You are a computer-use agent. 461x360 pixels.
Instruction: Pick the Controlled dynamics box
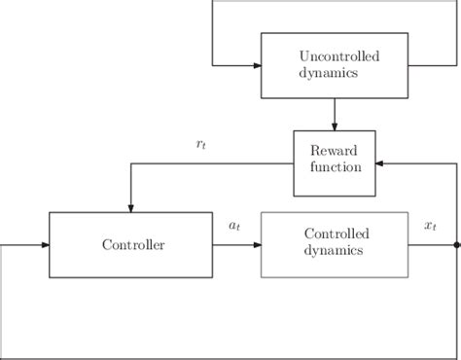(x=335, y=243)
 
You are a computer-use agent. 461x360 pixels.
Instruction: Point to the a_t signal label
(x=234, y=226)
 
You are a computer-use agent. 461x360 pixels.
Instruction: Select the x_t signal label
(x=430, y=226)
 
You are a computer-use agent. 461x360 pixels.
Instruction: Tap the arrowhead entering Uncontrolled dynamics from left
(x=256, y=65)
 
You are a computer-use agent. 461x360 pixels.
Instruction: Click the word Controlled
(x=335, y=234)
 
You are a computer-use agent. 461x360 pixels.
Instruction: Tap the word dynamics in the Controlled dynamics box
(x=335, y=251)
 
